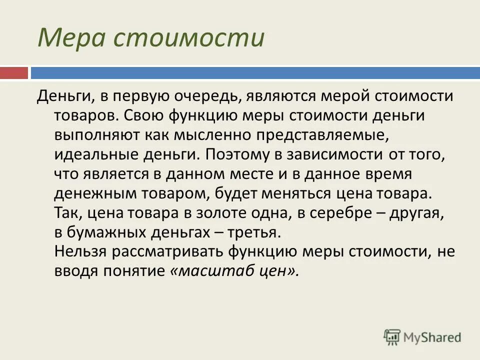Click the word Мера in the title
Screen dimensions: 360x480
[69, 38]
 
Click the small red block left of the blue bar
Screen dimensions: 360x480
[14, 73]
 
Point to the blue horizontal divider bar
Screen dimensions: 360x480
[255, 73]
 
